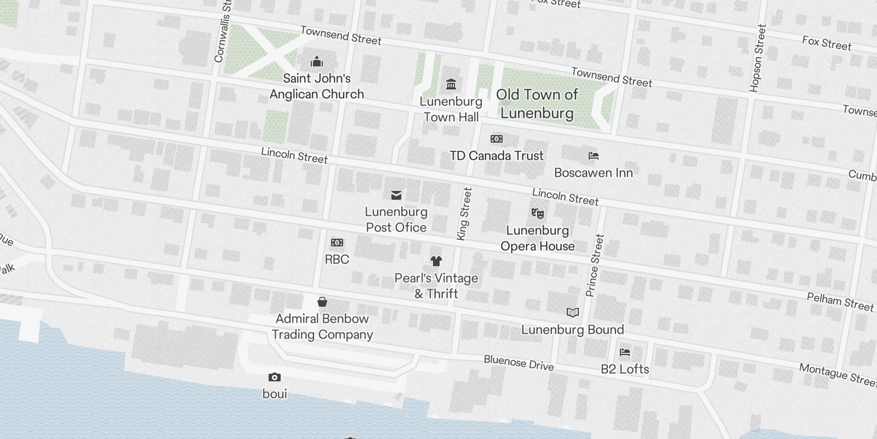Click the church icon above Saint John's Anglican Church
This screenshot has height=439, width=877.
point(317,62)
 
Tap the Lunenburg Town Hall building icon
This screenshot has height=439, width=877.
point(451,85)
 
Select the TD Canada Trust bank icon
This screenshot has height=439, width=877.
point(497,139)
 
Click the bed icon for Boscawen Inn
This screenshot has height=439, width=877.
point(593,156)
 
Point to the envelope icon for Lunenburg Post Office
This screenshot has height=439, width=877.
point(396,195)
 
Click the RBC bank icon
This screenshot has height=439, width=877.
point(337,243)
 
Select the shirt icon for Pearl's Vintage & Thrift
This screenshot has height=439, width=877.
point(436,261)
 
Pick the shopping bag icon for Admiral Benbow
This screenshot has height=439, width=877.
point(322,302)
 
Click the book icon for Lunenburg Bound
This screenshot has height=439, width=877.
point(573,313)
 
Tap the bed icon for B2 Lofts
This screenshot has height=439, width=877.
point(625,352)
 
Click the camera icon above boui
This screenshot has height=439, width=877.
point(275,378)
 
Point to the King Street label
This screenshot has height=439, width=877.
point(464,213)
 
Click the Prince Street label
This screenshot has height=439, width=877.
point(595,266)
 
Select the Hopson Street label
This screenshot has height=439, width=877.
point(757,58)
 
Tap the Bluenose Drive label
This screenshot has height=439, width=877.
point(519,363)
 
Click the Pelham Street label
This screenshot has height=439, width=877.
point(840,302)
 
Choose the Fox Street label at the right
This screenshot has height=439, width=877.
point(827,43)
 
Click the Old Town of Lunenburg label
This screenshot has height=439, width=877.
point(537,104)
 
